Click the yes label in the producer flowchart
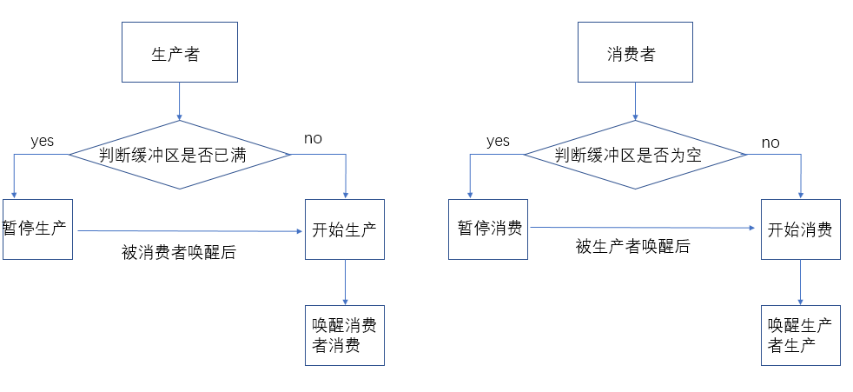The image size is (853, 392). click(x=43, y=141)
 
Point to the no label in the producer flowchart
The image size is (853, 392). click(x=313, y=139)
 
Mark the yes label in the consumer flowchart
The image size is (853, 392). click(x=498, y=141)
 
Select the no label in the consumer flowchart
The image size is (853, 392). click(x=770, y=143)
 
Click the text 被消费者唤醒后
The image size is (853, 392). click(x=179, y=253)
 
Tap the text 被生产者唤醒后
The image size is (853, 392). click(x=632, y=247)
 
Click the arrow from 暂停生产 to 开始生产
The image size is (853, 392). click(x=190, y=231)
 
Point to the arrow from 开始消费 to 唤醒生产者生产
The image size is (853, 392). click(x=800, y=282)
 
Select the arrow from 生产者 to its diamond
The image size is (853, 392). click(x=180, y=102)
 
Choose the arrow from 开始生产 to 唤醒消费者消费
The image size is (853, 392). click(x=345, y=282)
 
